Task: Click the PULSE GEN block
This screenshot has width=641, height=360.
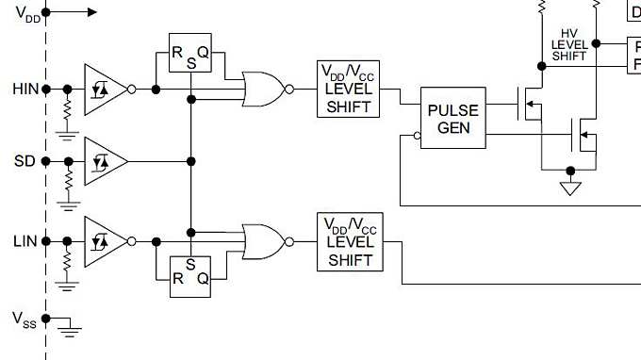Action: [x=453, y=119]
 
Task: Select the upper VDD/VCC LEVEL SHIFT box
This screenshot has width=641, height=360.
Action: [x=349, y=89]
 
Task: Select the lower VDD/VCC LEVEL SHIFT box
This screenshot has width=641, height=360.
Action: [x=349, y=241]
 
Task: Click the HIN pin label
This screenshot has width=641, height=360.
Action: [x=24, y=89]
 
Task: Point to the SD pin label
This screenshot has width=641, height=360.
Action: [x=25, y=161]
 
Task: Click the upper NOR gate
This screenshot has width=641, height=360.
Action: [x=265, y=89]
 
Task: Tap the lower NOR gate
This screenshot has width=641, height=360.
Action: [x=265, y=241]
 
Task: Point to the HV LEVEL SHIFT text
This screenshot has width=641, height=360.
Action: [x=569, y=44]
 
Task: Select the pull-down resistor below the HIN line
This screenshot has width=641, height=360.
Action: [x=68, y=110]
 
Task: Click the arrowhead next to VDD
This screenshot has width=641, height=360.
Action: [x=90, y=12]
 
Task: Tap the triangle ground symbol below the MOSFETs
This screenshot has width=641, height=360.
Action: [x=569, y=189]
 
